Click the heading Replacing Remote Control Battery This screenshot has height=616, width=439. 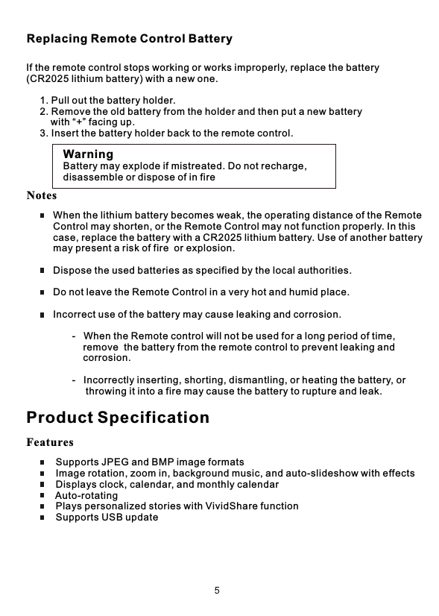(129, 39)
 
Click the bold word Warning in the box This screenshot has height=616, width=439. (88, 154)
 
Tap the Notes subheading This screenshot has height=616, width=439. (42, 196)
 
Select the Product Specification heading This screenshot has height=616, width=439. (118, 417)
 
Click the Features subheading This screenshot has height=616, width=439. (50, 443)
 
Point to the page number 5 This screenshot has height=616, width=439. (217, 591)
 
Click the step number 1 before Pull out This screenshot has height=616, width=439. (42, 101)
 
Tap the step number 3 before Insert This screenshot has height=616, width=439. (42, 133)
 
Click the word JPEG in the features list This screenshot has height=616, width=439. (116, 463)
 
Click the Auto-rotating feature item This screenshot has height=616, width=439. (86, 496)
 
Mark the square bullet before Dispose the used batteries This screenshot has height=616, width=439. (42, 270)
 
